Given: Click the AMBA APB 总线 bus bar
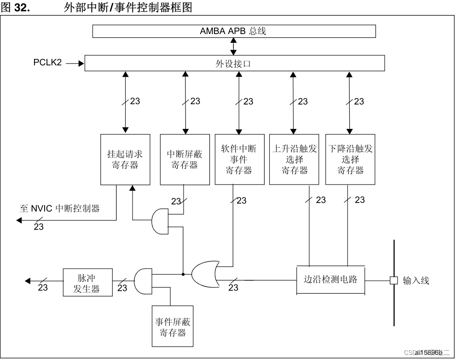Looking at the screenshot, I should [234, 31].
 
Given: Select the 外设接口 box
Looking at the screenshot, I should [234, 64].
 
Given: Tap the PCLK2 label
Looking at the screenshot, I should [47, 62].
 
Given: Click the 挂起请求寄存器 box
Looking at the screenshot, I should [125, 159].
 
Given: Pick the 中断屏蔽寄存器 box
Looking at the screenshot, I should [185, 159].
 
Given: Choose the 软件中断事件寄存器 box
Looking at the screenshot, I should [239, 159].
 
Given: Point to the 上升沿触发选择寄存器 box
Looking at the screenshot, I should [294, 159].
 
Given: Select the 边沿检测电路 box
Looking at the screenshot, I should [330, 280].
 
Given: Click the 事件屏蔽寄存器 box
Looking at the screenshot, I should [173, 326].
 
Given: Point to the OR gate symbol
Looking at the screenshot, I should [203, 274].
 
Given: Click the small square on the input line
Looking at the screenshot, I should [393, 280].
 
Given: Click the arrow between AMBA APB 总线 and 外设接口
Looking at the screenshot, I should [234, 46].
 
